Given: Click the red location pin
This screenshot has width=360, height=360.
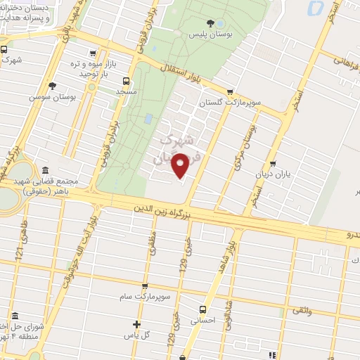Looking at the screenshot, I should pos(181,165).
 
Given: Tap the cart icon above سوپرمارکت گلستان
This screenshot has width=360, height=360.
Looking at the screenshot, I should pos(230,91).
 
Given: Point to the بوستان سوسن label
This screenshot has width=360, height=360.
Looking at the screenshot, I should pos(51,98).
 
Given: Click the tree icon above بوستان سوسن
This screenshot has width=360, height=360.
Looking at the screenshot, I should pos(51,86).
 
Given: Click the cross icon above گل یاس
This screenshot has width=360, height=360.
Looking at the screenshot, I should pos(137,324).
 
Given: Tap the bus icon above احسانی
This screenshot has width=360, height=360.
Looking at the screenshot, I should pos(202,309).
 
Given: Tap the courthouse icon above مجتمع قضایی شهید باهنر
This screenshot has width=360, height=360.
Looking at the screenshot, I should pos(46,170).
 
